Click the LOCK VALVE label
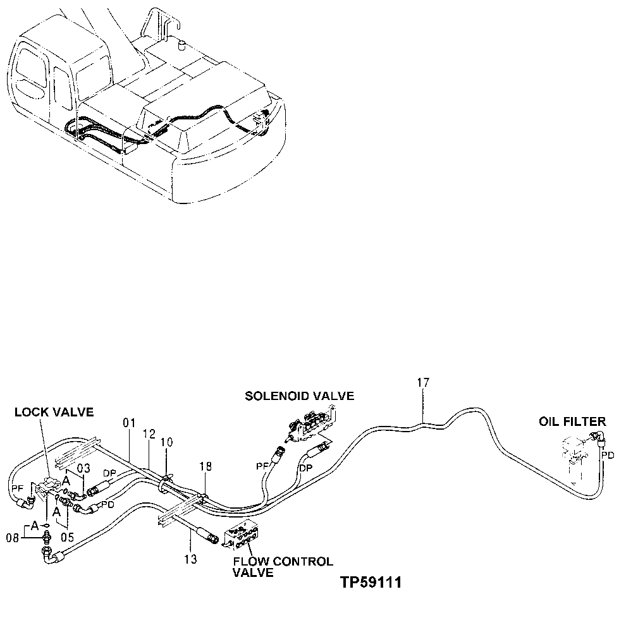tap(54, 413)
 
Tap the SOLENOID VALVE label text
tap(300, 396)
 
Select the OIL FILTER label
tap(572, 421)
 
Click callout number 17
tap(423, 382)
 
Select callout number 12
tap(149, 435)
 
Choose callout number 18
tap(205, 467)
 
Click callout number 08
tap(11, 538)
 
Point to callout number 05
tap(67, 537)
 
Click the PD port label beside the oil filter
tap(607, 454)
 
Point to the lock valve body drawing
tap(48, 487)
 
